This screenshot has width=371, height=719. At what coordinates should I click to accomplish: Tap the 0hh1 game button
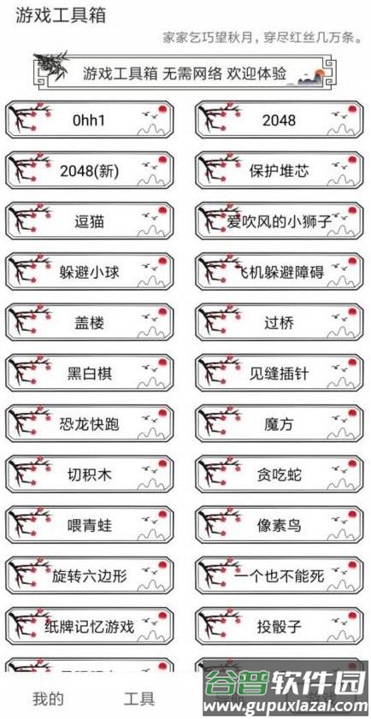[x=90, y=121]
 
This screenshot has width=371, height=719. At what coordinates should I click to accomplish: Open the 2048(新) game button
[x=90, y=171]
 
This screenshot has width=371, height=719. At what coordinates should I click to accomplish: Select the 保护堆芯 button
[x=280, y=171]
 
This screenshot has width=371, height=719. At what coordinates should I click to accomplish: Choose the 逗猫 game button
[x=90, y=221]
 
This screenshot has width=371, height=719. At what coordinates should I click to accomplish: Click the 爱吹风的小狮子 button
[x=280, y=221]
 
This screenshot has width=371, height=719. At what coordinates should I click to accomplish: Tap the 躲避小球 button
[x=90, y=273]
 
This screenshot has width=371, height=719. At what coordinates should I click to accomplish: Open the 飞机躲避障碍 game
[x=280, y=273]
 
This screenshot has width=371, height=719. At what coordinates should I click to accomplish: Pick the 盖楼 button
[x=90, y=323]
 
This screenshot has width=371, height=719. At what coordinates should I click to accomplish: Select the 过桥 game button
[x=280, y=323]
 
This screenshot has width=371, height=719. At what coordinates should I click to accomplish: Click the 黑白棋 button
[x=90, y=374]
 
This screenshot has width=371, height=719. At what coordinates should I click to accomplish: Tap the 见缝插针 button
[x=280, y=374]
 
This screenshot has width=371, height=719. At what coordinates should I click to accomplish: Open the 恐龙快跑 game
[x=90, y=424]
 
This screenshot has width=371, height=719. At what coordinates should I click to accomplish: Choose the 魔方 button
[x=280, y=424]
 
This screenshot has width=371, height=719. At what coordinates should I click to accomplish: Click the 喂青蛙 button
[x=90, y=525]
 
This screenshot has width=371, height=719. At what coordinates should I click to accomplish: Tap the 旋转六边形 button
[x=90, y=575]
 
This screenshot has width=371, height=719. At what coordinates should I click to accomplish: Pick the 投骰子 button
[x=280, y=626]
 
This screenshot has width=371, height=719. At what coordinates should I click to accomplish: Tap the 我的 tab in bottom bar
[x=48, y=698]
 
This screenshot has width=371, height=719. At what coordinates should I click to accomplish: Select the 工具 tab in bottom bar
[x=139, y=698]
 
